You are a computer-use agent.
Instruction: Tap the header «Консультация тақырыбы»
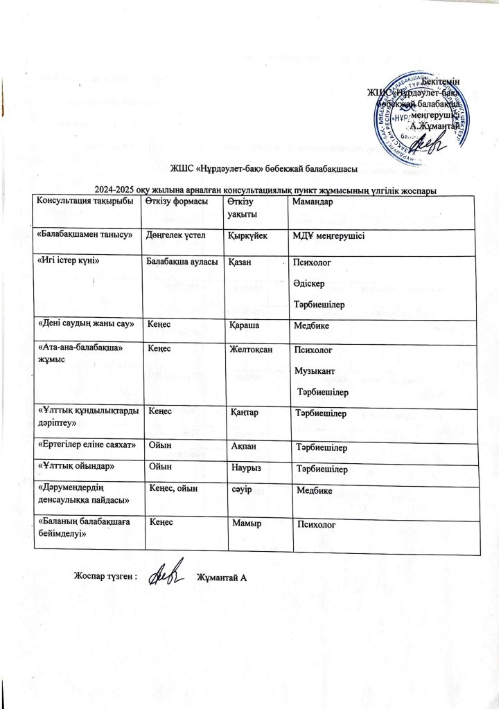(x=84, y=201)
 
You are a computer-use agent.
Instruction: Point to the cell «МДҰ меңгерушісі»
(x=330, y=235)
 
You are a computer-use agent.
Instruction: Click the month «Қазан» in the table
(x=241, y=262)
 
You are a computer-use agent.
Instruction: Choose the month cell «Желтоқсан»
(x=253, y=349)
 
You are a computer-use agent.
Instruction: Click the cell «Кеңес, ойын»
(x=174, y=489)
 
